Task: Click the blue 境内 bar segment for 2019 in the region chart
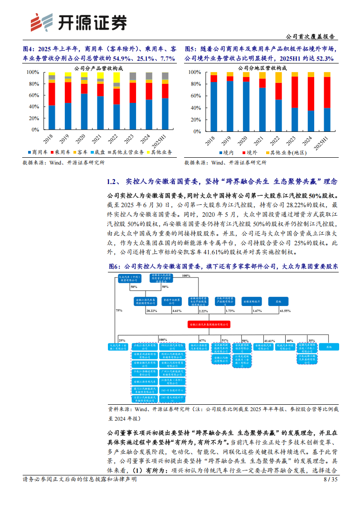(230, 107)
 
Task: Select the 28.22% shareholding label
(151, 311)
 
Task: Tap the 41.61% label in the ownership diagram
(270, 340)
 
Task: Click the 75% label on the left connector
(119, 311)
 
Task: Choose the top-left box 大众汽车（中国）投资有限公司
(129, 278)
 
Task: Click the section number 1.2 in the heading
(113, 182)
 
